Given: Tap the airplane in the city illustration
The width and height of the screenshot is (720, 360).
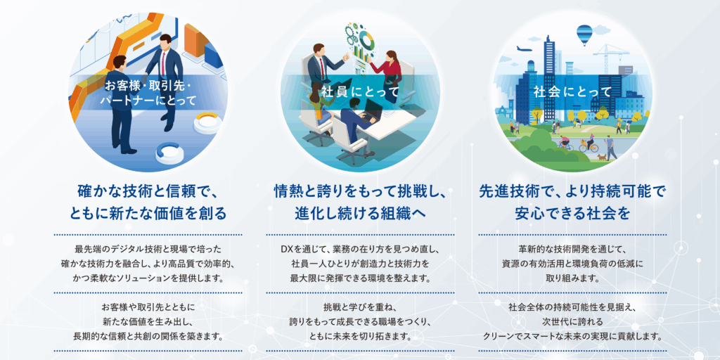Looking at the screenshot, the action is (x=525, y=49).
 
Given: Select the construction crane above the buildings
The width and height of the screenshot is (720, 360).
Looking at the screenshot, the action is (x=611, y=53).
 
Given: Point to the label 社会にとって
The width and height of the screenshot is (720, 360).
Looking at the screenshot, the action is (x=572, y=92).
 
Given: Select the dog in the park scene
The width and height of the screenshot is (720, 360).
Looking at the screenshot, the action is (x=601, y=157).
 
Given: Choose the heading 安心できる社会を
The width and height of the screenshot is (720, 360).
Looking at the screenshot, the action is (x=572, y=213).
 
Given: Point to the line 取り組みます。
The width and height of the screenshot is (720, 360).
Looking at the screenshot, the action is (x=572, y=278).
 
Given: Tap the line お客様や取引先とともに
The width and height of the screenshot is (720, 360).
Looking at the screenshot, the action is (x=148, y=307).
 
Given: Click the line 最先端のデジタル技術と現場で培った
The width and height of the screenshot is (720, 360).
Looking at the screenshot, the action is (x=148, y=250).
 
